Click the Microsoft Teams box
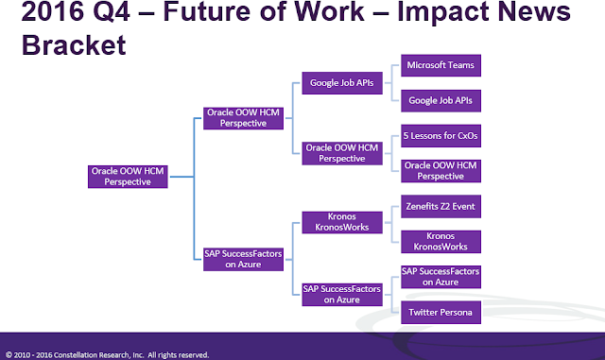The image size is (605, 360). coord(440,65)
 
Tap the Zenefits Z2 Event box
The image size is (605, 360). coord(440,205)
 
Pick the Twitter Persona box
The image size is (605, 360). coord(440,311)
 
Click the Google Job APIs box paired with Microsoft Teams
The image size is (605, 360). coord(440,99)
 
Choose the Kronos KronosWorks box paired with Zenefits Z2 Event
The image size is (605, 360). coord(440,240)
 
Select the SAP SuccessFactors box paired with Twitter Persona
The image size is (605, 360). coord(440,276)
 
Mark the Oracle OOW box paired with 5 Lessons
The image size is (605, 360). coord(440,170)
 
